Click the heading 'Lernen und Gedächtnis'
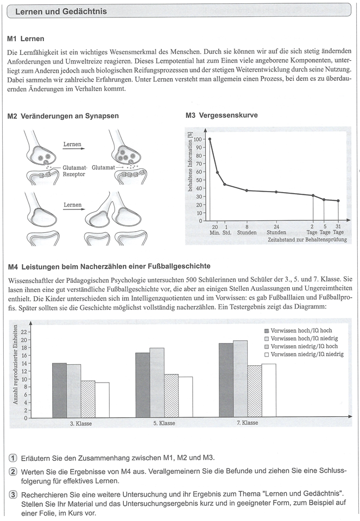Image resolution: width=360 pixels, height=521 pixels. [x=61, y=11]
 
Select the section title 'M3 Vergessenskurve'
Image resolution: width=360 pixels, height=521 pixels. [x=221, y=116]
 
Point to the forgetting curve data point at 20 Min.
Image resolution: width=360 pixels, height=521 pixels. [x=210, y=139]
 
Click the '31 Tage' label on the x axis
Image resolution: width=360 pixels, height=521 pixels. [x=338, y=229]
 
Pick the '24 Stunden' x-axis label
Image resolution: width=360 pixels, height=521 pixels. [x=276, y=229]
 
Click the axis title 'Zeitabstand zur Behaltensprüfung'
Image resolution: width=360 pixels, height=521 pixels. [x=307, y=239]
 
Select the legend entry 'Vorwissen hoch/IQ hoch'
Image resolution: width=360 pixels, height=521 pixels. [x=298, y=330]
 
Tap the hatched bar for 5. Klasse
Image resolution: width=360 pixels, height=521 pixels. [x=171, y=396]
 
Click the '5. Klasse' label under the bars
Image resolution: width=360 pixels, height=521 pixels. [x=163, y=423]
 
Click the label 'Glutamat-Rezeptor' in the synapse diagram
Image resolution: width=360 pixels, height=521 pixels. [x=74, y=171]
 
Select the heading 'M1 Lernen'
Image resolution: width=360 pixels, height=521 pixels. [x=27, y=39]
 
